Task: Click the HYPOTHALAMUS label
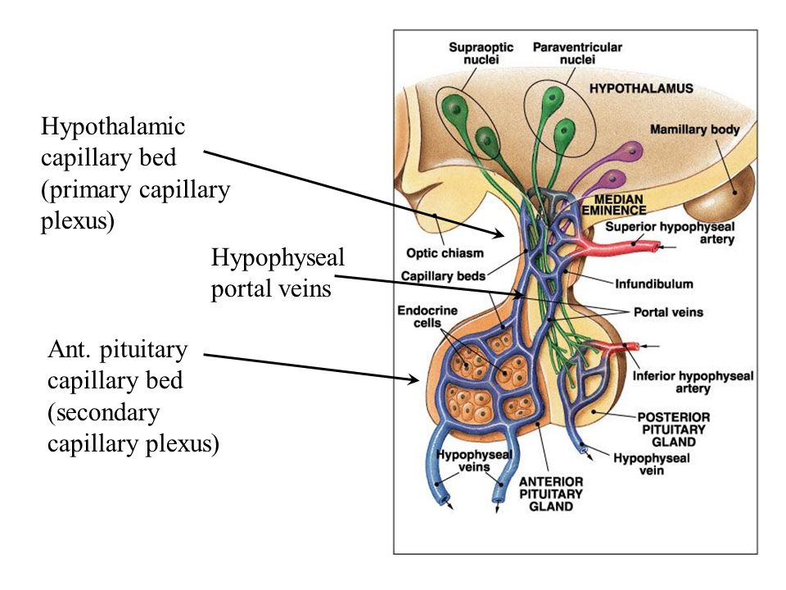(641, 88)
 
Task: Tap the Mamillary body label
(695, 129)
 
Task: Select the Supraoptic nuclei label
(481, 53)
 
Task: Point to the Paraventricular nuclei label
(577, 53)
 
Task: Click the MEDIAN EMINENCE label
(615, 205)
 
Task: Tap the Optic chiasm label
(445, 253)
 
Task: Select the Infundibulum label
(654, 284)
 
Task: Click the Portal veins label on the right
(669, 312)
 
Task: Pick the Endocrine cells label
(427, 316)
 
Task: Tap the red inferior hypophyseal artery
(614, 348)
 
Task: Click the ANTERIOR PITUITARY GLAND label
(551, 493)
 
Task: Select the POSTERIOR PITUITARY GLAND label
(674, 429)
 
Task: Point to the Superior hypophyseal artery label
(670, 233)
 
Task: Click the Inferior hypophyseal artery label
(693, 383)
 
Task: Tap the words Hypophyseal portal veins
(278, 273)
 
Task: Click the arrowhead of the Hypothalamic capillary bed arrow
(499, 234)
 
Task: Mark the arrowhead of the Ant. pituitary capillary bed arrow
(413, 379)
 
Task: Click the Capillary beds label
(443, 276)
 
